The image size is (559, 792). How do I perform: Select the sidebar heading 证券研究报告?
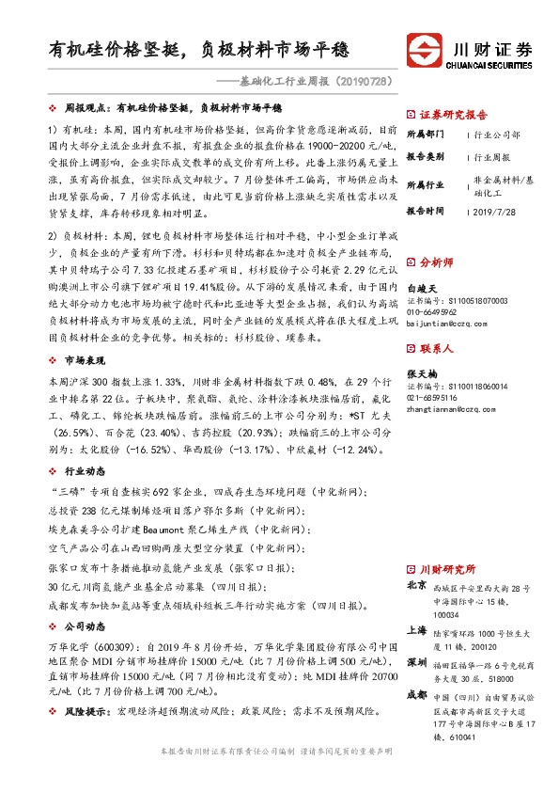(x=449, y=111)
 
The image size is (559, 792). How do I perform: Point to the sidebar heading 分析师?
(x=435, y=261)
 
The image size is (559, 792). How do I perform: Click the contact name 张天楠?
(x=420, y=373)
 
